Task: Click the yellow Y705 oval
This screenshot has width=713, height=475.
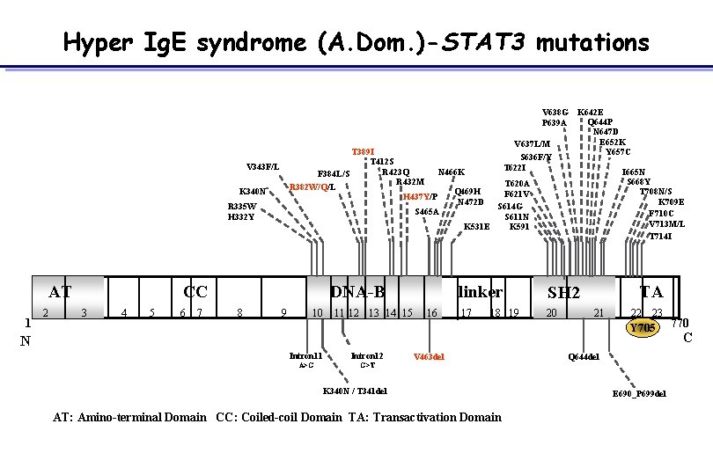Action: (643, 328)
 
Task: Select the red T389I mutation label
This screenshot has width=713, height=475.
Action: (363, 152)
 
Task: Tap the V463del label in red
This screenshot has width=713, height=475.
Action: (429, 356)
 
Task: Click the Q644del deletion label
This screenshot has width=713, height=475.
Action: (584, 356)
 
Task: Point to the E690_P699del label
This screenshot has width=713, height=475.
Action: (639, 393)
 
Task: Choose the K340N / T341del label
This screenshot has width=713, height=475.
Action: (355, 391)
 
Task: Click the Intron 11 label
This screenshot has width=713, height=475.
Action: (306, 355)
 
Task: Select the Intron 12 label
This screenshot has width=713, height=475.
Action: (367, 355)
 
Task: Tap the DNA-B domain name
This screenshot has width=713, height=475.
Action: (357, 292)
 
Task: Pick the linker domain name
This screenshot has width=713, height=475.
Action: (481, 292)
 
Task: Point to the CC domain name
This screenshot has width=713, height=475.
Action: (195, 292)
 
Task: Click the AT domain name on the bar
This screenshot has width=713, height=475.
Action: (60, 292)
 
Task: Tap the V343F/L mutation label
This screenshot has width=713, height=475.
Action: (263, 166)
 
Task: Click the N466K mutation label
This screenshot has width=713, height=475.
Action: (451, 172)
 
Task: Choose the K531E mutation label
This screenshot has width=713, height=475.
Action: (476, 226)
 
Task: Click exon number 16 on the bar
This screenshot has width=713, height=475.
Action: (431, 312)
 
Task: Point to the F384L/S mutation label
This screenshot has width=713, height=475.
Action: (334, 173)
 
